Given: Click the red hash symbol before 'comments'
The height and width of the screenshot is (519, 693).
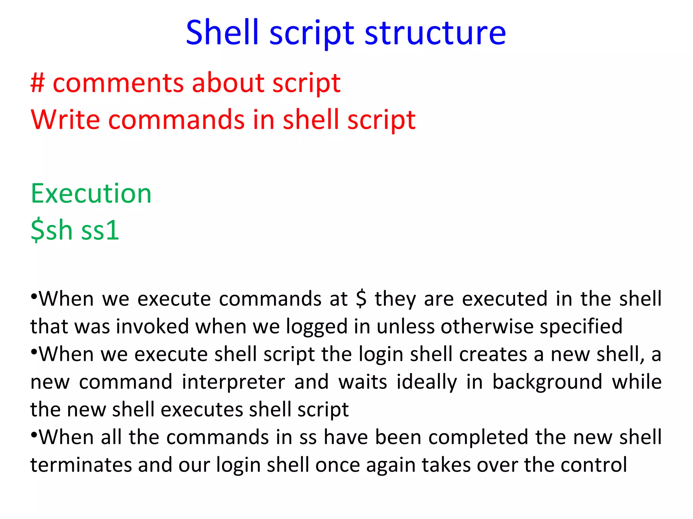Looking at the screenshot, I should coord(37,83).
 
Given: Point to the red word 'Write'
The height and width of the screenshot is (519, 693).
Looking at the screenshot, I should coord(65,120).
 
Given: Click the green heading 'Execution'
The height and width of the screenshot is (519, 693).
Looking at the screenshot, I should coord(91,194).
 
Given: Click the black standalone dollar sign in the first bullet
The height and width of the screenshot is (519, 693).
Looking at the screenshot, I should coord(361,299).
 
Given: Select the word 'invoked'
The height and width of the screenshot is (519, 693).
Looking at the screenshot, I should coord(153,327).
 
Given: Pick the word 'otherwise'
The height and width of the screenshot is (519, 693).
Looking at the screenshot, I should coord(487,327).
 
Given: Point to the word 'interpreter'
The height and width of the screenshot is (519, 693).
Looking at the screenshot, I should coord(233,382).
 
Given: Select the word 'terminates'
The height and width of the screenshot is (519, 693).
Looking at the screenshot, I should coord(81,465).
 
